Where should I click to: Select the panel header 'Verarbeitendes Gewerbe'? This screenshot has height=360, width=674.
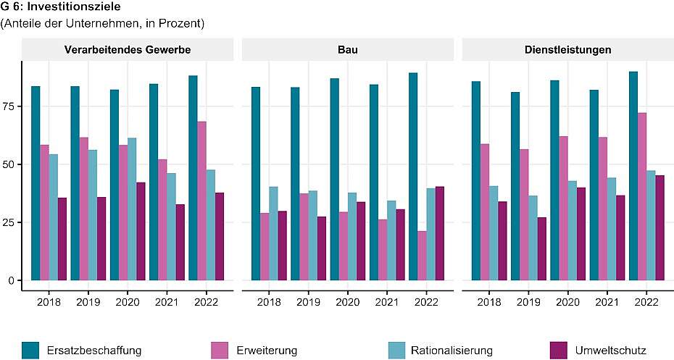coord(127,50)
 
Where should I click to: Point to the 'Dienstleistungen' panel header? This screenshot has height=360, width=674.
coord(568,50)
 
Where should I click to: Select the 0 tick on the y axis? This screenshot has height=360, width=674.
coord(12,280)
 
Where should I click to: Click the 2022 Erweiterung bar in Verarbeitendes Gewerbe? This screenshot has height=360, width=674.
coord(202,201)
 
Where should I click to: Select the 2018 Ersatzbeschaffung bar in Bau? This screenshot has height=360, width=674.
coord(256,183)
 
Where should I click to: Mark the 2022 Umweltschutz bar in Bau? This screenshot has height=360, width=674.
coord(439,233)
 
